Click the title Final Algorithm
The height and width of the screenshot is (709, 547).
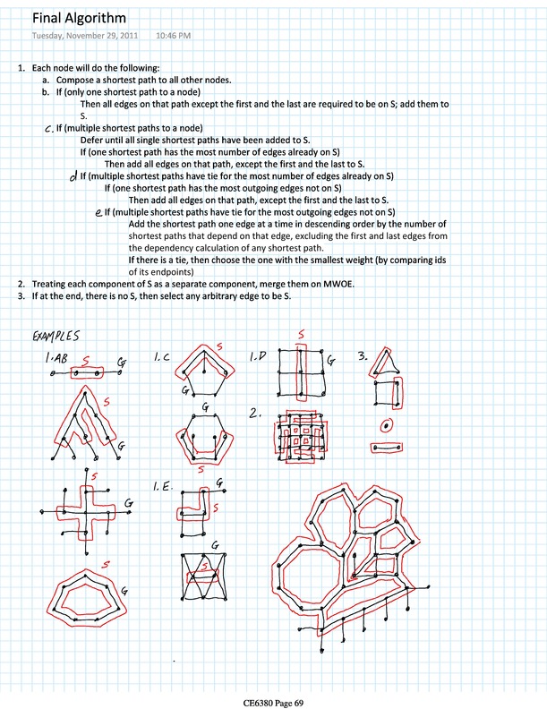tap(79, 18)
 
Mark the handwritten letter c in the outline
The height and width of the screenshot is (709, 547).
tap(47, 129)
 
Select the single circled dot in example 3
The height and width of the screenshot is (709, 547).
tap(386, 424)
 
